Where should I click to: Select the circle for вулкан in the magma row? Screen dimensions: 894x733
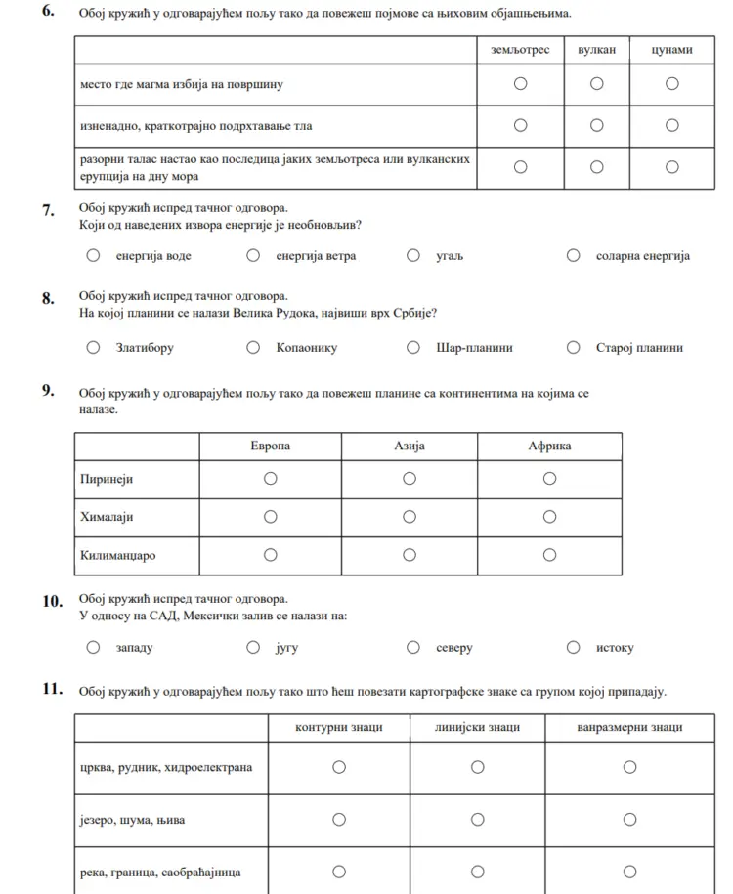[596, 84]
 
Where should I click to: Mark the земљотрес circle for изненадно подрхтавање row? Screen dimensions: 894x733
[520, 125]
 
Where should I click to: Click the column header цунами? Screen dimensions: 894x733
[672, 50]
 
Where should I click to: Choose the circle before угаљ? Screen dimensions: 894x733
[414, 256]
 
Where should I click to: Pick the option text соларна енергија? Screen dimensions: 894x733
[642, 257]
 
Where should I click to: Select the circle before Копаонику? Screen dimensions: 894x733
[253, 347]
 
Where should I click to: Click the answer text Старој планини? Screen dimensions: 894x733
[639, 348]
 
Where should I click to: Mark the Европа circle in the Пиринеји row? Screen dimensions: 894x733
[270, 478]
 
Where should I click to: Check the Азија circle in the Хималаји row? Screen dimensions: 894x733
[410, 516]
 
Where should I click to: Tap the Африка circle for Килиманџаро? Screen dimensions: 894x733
[549, 555]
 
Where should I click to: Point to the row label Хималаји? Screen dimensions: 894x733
[107, 517]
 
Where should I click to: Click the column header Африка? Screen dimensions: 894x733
[549, 447]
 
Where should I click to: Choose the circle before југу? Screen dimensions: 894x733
[253, 647]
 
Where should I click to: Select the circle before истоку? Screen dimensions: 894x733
[574, 647]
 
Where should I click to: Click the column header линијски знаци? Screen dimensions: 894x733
[478, 728]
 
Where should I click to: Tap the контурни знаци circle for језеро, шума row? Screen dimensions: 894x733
[338, 820]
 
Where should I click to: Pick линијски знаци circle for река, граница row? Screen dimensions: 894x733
[478, 872]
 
